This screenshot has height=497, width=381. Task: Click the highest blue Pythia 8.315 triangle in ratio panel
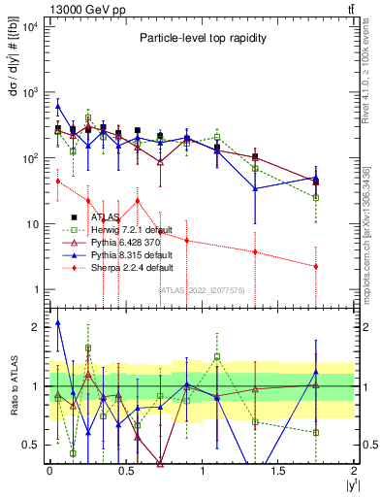[58, 322]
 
